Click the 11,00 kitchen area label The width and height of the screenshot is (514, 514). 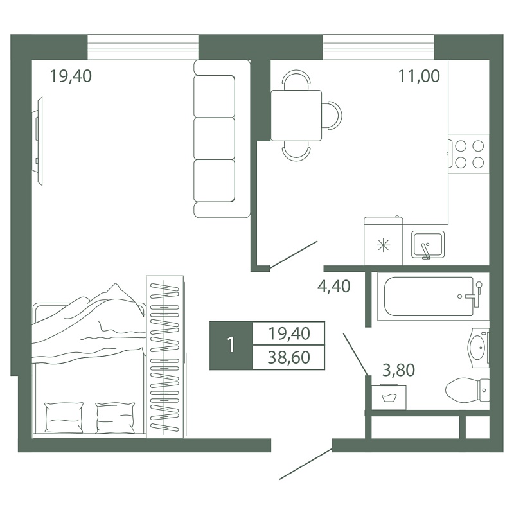pos(419,76)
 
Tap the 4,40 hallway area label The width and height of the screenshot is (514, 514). pos(333,286)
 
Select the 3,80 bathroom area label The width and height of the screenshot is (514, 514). pos(398,370)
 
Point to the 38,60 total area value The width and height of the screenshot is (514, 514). pos(288,357)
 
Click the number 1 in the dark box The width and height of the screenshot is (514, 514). pos(231,345)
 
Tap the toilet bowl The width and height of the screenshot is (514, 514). pos(468,390)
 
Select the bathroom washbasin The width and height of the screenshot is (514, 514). pos(479,348)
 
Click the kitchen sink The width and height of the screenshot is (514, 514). pos(428,245)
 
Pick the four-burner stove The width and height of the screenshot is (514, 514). pos(469,154)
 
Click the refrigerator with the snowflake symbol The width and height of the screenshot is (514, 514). pos(383,241)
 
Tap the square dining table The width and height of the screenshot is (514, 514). pos(296,116)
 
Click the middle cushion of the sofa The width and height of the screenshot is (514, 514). pos(214,138)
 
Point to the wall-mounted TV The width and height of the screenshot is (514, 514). pos(38,141)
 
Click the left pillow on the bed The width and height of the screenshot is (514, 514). pos(64,417)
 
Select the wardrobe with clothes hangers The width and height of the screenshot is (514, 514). pos(164,357)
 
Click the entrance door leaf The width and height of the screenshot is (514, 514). pos(306,464)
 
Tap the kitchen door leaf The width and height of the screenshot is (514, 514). pos(293,255)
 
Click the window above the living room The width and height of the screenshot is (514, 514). pos(143,47)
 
